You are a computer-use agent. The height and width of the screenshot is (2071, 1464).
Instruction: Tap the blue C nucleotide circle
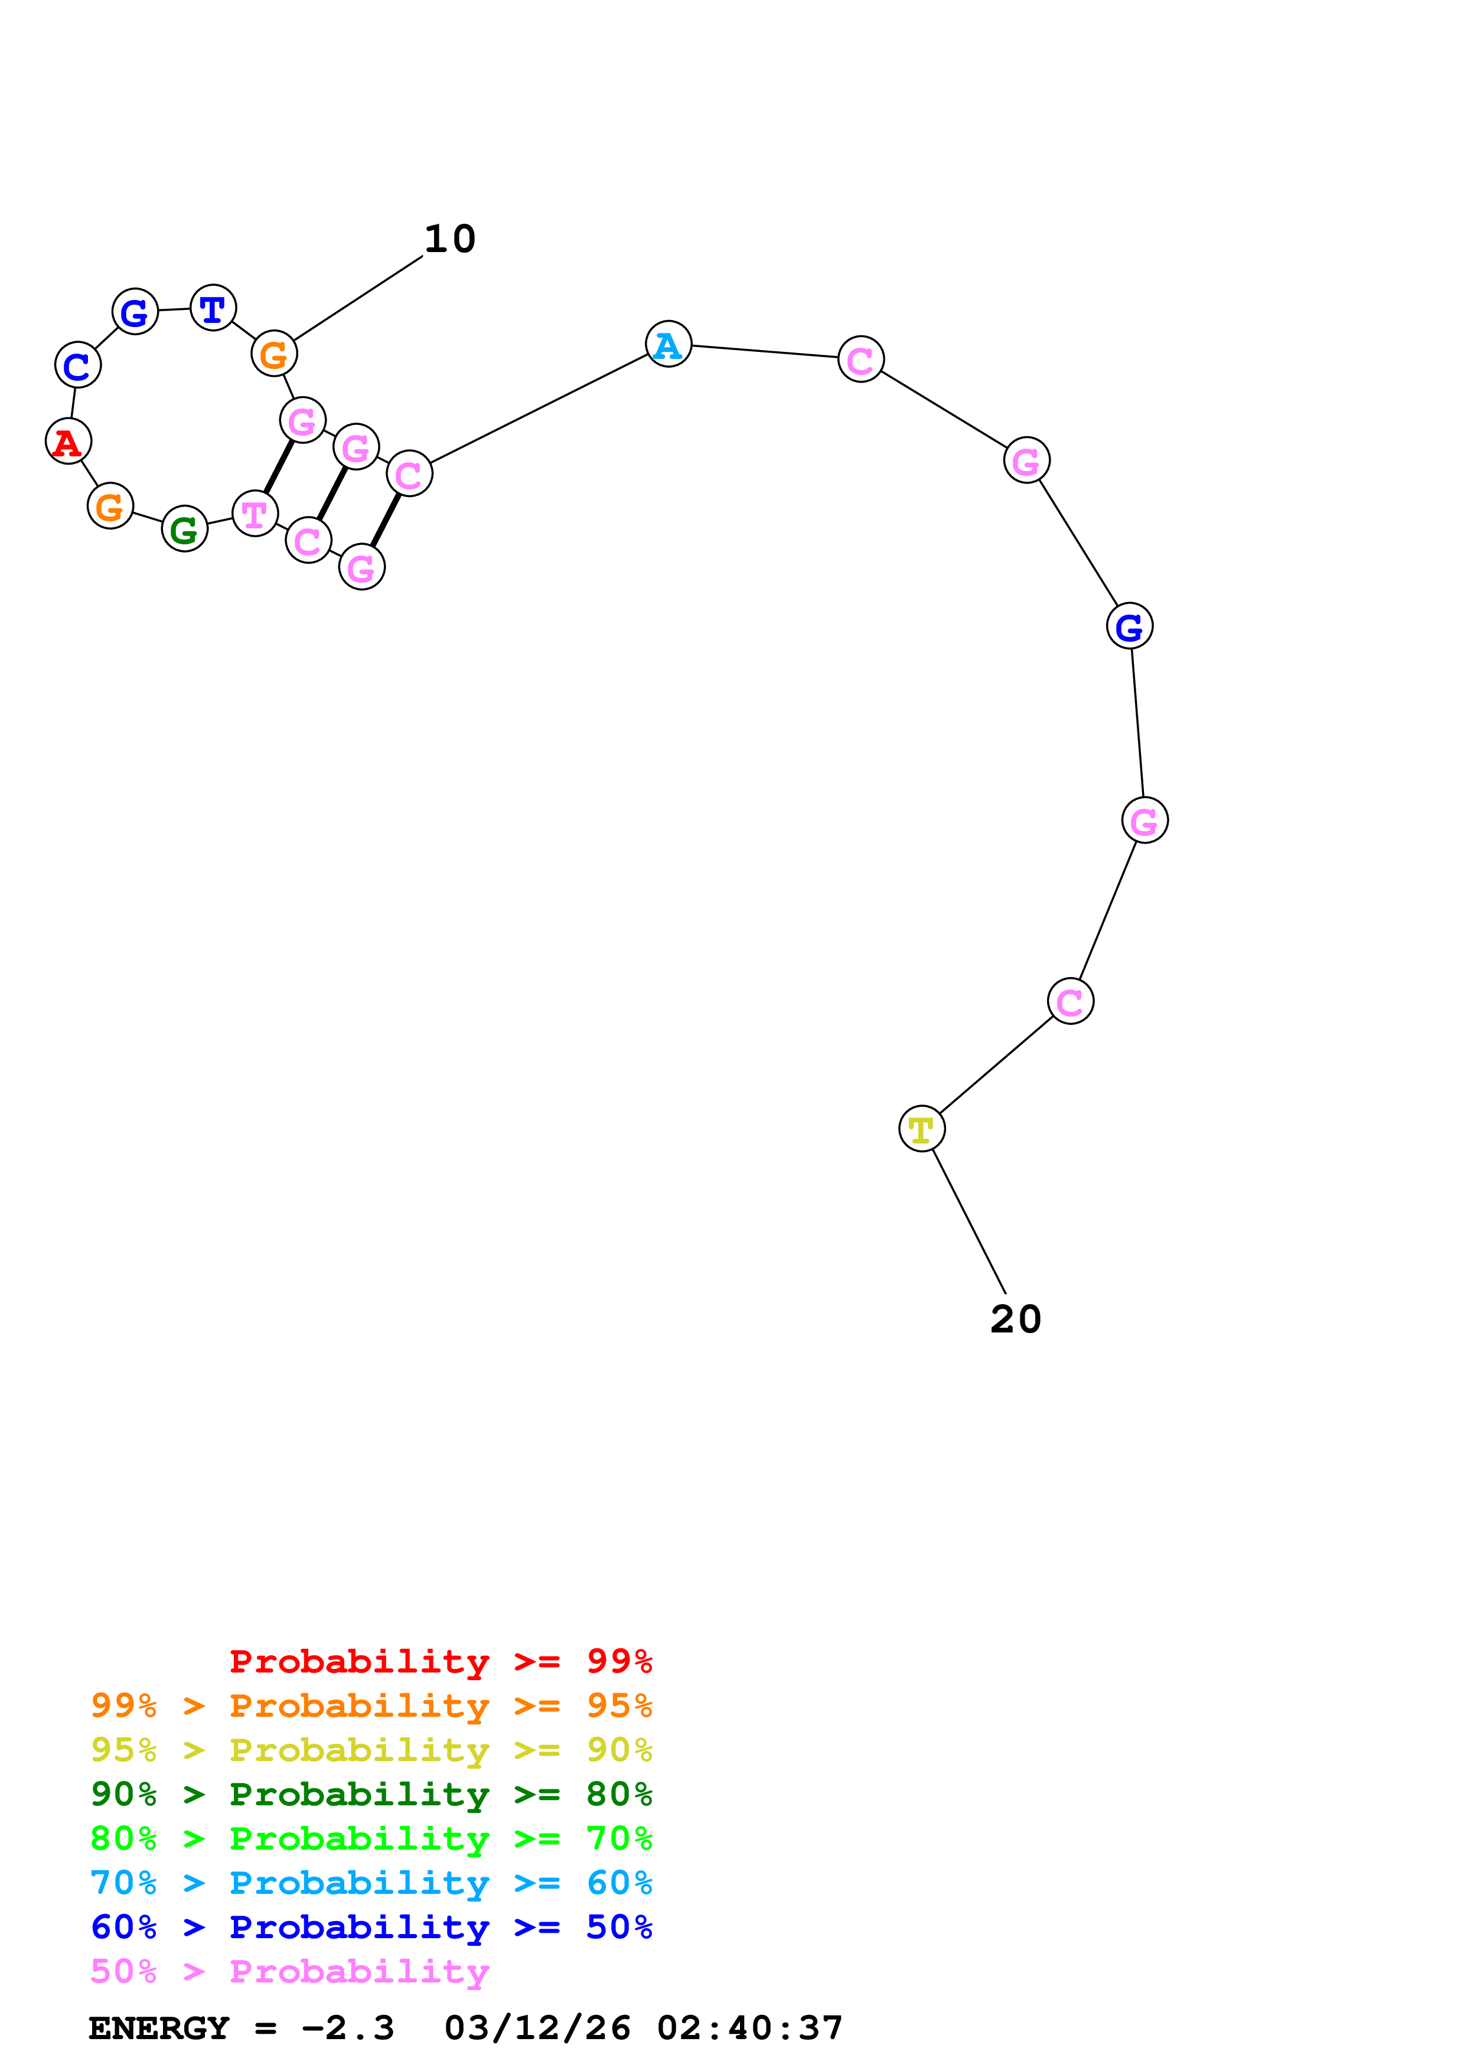pos(77,365)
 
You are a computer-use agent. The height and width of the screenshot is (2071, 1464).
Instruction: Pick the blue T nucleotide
pos(213,309)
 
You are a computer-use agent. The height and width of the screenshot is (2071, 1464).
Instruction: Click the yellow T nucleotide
pos(922,1128)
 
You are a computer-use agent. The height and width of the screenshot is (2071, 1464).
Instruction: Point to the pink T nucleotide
pos(255,514)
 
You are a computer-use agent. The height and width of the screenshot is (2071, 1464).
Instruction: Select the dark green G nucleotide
pos(185,530)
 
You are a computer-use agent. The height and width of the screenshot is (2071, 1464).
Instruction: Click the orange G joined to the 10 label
pos(274,354)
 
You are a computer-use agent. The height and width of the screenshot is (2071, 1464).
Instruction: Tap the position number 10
pos(450,239)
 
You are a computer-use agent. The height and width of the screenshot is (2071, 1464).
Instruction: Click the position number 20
pos(1016,1319)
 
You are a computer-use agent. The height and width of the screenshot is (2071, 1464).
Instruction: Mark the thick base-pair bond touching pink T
pos(279,467)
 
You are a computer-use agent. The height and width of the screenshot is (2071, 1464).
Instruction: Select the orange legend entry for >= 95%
pos(371,1706)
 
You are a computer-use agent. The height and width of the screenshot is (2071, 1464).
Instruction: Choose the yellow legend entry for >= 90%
pos(371,1750)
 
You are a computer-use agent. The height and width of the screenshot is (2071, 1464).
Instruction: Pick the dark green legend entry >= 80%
pos(371,1794)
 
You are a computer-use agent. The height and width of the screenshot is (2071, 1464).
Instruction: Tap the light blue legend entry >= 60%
pos(371,1883)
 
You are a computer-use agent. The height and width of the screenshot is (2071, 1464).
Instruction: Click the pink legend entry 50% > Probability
pos(289,1971)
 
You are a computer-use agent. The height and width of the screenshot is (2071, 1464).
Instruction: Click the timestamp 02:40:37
pos(749,2028)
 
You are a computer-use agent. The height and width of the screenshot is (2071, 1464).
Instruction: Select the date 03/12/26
pos(537,2028)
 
